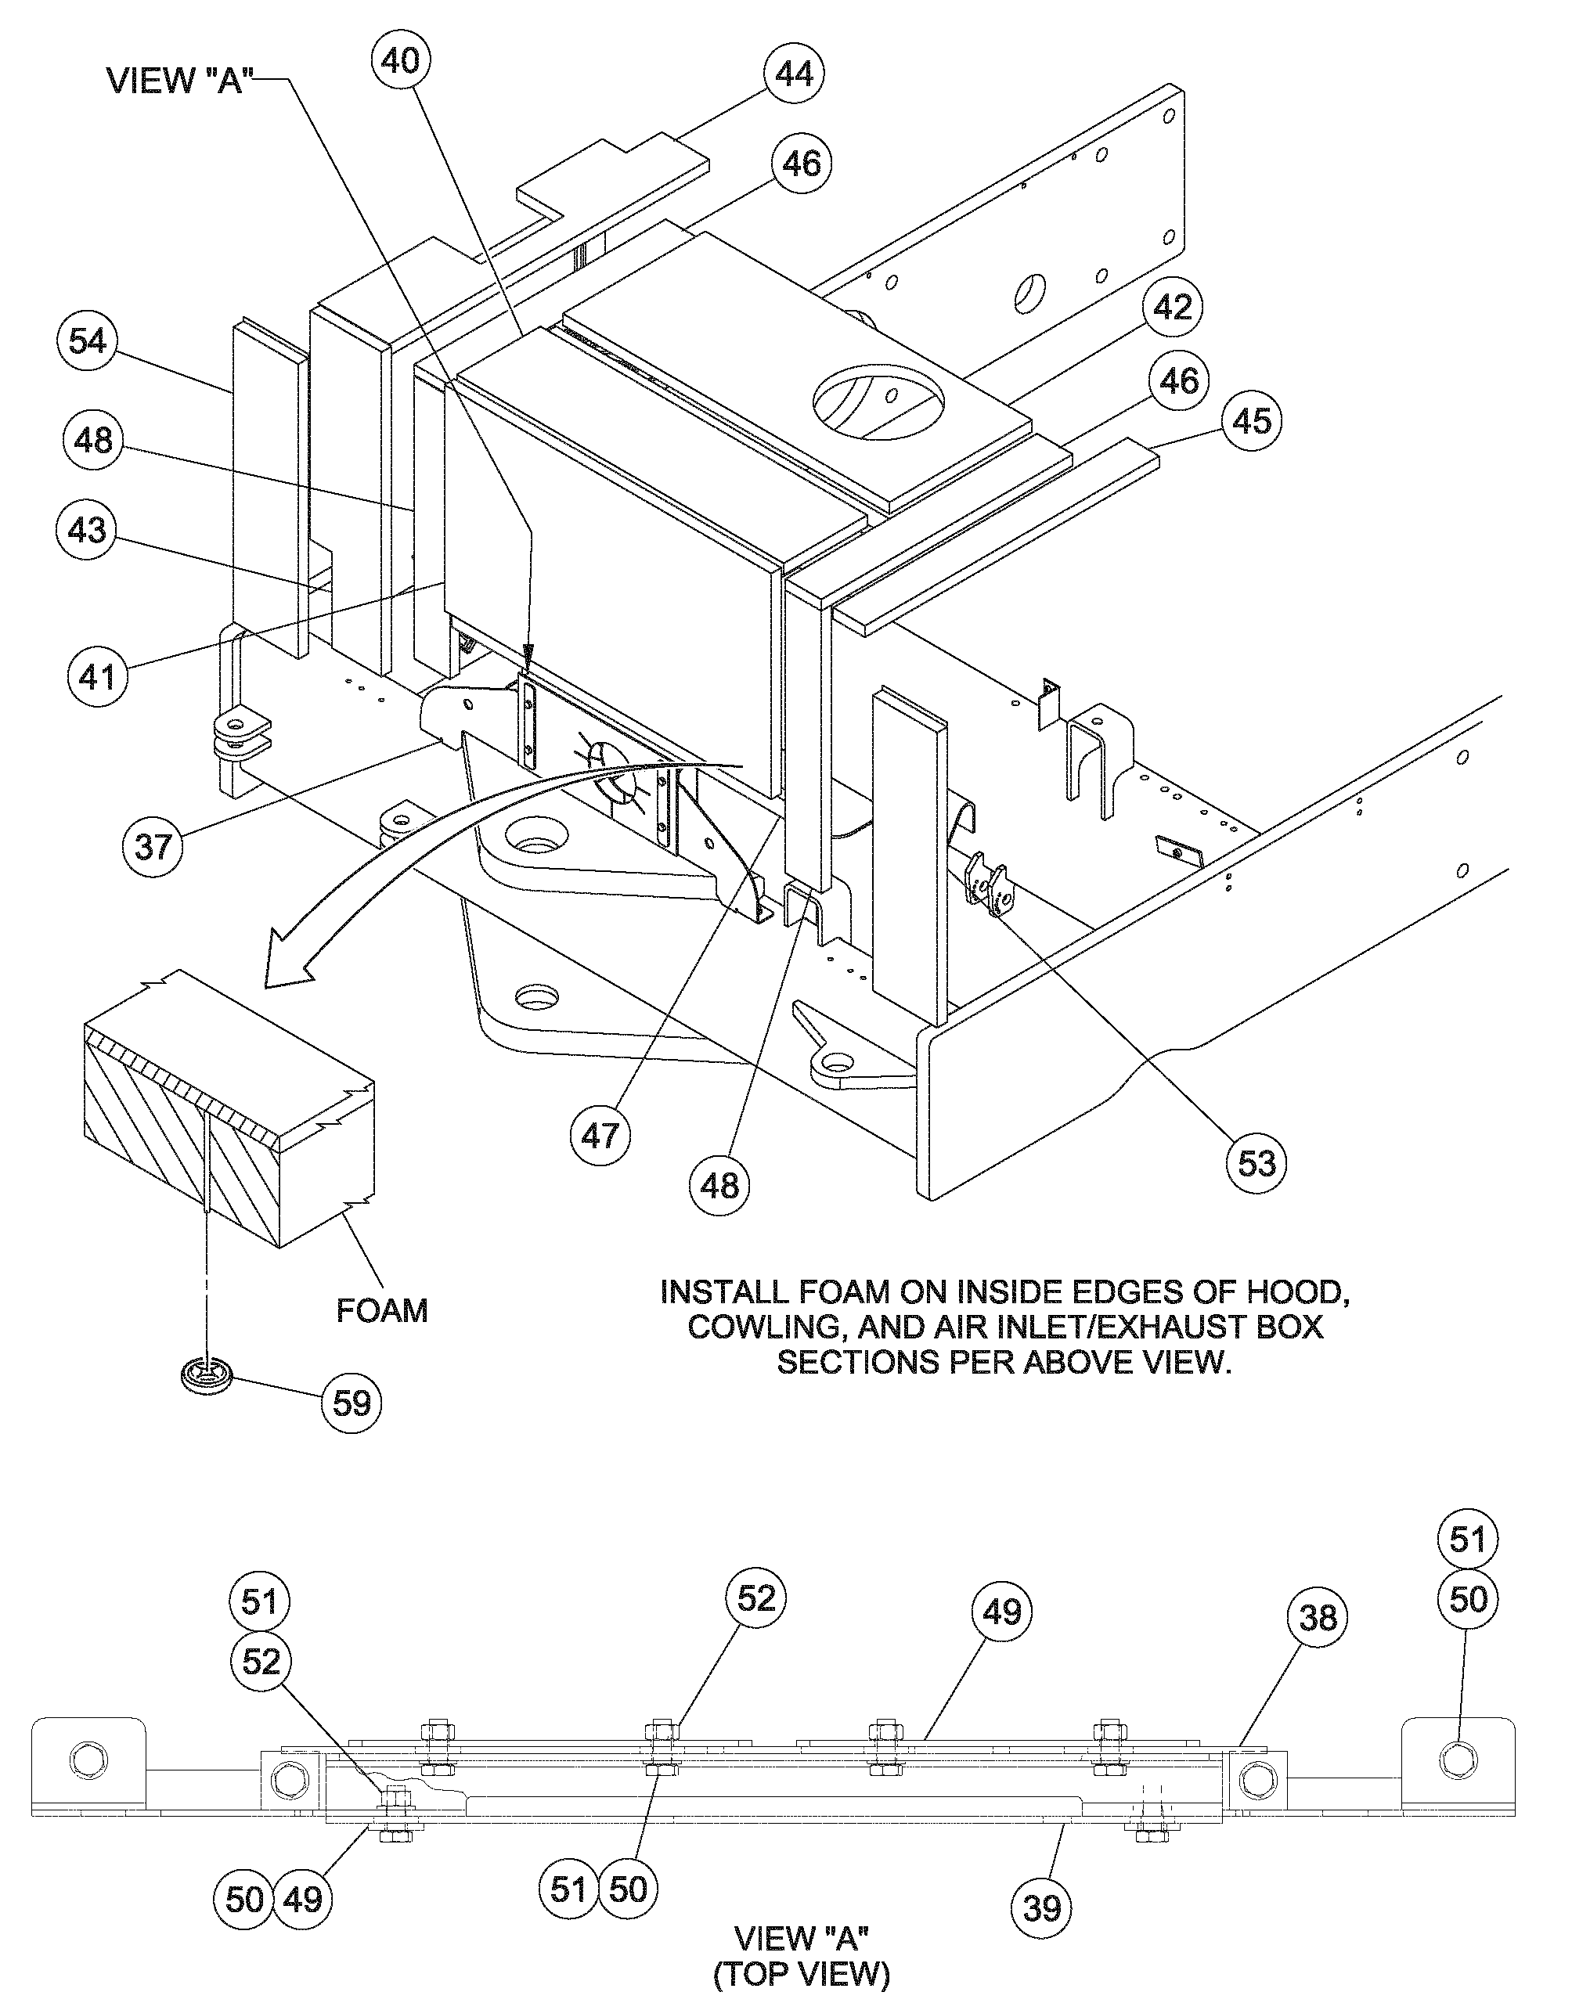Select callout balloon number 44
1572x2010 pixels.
pyautogui.click(x=792, y=74)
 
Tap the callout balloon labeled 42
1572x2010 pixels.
pyautogui.click(x=1173, y=308)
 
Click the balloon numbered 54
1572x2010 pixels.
pyautogui.click(x=88, y=341)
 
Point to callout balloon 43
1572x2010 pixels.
pyautogui.click(x=88, y=530)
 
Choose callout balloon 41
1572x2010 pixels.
pyautogui.click(x=98, y=676)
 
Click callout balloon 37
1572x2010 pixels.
pyautogui.click(x=153, y=845)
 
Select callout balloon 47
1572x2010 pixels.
pyautogui.click(x=600, y=1136)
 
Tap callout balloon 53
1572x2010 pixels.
pyautogui.click(x=1257, y=1163)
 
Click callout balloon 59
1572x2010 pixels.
pyautogui.click(x=352, y=1403)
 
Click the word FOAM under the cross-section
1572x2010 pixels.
pyautogui.click(x=382, y=1309)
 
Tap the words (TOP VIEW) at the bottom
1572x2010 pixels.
pyautogui.click(x=801, y=1974)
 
